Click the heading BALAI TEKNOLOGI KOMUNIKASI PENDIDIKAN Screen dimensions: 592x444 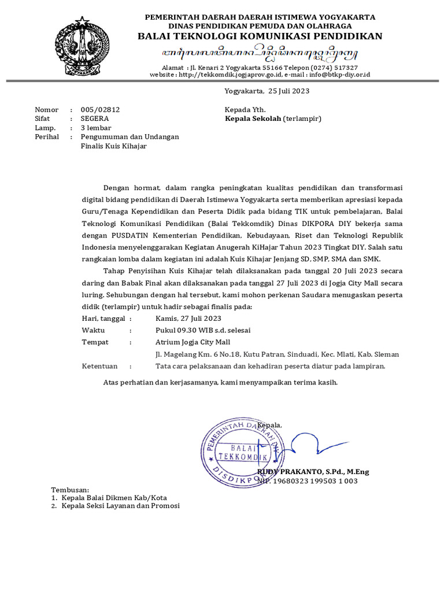click(x=260, y=36)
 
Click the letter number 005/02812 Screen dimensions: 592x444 click(x=100, y=109)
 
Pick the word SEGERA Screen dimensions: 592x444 click(x=95, y=119)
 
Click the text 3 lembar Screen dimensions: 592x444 click(x=96, y=128)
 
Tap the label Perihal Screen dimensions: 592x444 click(x=47, y=137)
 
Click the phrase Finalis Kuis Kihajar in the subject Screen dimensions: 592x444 click(x=114, y=146)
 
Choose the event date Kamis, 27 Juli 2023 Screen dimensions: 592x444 click(x=188, y=318)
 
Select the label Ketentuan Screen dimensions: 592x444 click(x=100, y=366)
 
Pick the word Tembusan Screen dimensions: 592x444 click(x=71, y=489)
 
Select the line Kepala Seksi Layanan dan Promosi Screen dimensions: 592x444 click(x=121, y=506)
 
